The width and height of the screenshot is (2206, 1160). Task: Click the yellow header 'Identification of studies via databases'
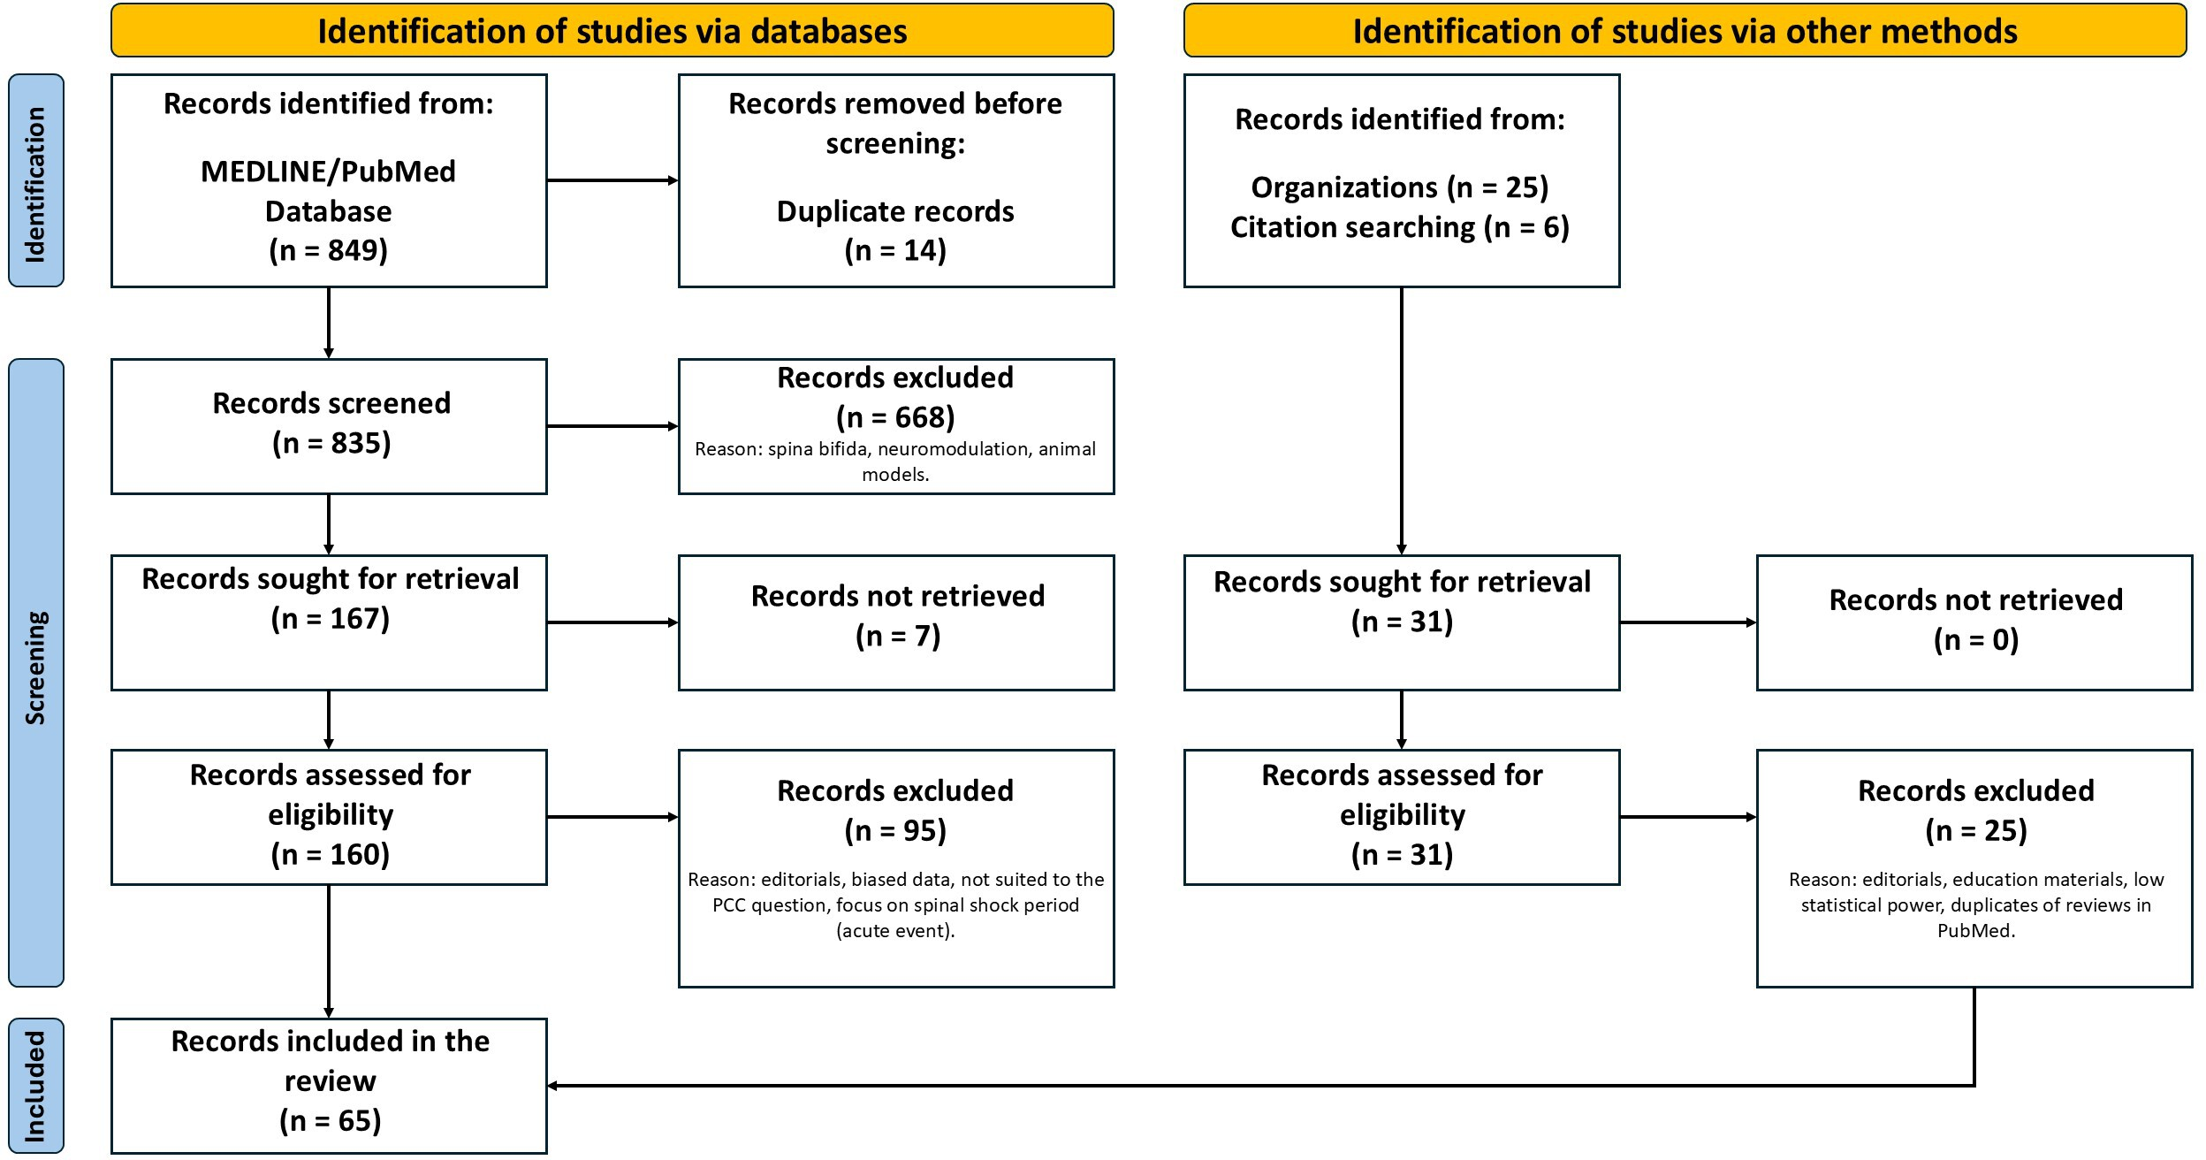click(x=612, y=31)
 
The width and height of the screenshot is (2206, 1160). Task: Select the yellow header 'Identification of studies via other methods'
click(x=1685, y=31)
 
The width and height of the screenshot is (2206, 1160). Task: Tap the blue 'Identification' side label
click(x=36, y=180)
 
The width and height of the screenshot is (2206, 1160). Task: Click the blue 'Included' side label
click(x=36, y=1086)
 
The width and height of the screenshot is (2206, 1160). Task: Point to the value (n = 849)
click(x=329, y=250)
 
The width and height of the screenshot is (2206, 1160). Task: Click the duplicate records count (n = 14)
click(x=895, y=250)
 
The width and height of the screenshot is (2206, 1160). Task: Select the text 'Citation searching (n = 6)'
click(x=1400, y=227)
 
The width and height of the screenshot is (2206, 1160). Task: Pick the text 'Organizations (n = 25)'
click(x=1400, y=187)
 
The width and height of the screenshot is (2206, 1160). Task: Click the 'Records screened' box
click(x=329, y=426)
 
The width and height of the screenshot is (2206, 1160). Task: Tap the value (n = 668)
click(x=895, y=417)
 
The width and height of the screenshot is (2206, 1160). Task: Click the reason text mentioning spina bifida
click(x=895, y=462)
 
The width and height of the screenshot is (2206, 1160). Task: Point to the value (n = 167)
click(x=331, y=618)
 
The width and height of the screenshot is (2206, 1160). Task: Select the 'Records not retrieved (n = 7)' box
click(x=896, y=622)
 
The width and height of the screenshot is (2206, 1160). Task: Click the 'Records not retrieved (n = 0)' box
click(x=1974, y=622)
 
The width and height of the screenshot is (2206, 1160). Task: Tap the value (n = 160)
click(x=331, y=854)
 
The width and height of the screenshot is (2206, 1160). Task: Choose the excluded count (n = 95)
click(x=895, y=830)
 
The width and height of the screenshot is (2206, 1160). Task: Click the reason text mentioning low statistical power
click(x=1975, y=904)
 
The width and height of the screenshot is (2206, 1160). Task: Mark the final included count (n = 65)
click(x=331, y=1121)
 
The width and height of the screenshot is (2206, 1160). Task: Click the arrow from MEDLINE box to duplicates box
click(x=612, y=180)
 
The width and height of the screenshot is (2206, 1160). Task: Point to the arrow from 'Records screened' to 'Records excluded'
click(x=612, y=426)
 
